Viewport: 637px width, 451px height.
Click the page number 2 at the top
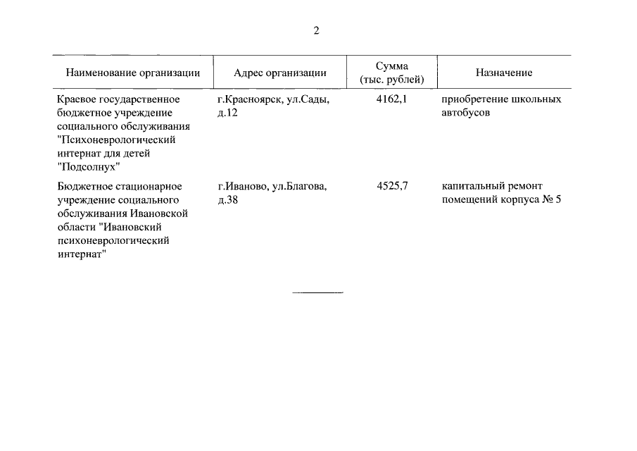click(317, 30)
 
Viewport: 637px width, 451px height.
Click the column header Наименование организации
click(133, 73)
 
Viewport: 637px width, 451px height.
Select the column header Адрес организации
click(279, 73)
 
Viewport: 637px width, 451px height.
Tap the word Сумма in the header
click(391, 66)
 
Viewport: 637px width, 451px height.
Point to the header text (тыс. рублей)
click(391, 79)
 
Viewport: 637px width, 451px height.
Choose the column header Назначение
click(503, 73)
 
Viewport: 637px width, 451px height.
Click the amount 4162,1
click(392, 99)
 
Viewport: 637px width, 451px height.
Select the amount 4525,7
click(392, 186)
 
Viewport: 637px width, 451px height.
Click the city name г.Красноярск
click(249, 99)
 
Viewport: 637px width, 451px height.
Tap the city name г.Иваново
click(244, 186)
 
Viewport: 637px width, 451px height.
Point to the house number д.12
click(228, 113)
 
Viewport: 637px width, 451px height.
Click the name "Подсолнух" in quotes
click(89, 166)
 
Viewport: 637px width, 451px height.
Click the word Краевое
click(77, 99)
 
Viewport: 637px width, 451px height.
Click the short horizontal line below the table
click(317, 292)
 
